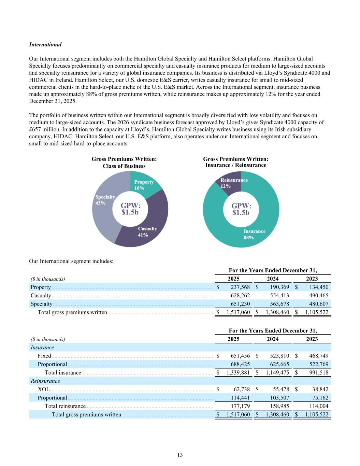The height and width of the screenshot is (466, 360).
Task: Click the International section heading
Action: point(45,45)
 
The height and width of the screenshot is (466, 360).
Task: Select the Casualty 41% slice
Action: point(150,229)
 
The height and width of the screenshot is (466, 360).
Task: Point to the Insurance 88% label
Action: point(254,234)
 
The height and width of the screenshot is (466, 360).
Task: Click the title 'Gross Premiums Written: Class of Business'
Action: point(124,163)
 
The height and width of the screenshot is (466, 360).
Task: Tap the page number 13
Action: point(180,455)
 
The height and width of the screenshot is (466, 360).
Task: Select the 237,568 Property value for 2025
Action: point(239,287)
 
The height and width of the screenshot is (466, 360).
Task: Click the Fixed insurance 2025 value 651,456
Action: point(239,356)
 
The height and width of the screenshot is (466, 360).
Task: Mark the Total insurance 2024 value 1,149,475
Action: point(277,372)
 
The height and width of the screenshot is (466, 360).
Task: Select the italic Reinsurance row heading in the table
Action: point(45,381)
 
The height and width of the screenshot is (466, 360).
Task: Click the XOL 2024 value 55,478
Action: point(280,389)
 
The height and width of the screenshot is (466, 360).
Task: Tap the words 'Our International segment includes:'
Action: point(71,261)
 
